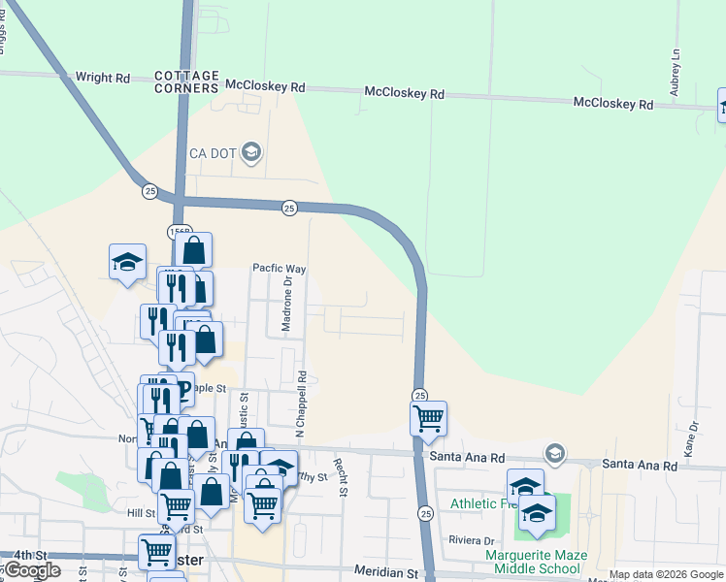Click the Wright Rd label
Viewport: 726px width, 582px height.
click(102, 77)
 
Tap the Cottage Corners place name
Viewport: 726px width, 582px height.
click(186, 81)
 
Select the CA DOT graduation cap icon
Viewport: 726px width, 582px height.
click(251, 151)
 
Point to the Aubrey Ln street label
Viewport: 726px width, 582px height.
click(675, 74)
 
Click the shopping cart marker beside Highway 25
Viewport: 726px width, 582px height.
click(428, 419)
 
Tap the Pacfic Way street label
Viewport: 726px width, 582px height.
click(280, 268)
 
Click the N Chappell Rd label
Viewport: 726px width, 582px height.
click(302, 402)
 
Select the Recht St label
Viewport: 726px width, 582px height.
click(342, 477)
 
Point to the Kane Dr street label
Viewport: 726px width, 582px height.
click(692, 438)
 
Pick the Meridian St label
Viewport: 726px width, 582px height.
click(385, 572)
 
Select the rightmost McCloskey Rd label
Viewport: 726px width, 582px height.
click(612, 102)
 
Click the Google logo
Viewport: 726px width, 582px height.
click(31, 570)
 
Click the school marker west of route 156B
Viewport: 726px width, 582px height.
click(127, 262)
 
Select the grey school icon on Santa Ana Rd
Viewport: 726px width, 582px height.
click(554, 453)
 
